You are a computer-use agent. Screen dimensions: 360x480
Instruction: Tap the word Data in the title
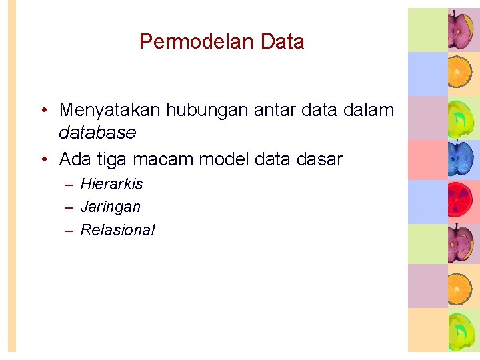[283, 42]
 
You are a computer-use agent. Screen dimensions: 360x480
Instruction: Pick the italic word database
[97, 133]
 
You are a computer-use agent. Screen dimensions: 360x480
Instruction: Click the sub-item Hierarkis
[111, 184]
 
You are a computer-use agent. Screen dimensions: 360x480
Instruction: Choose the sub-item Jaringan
[110, 207]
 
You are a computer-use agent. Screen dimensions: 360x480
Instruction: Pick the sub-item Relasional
[117, 231]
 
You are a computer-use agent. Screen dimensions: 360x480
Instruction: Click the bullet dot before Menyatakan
[43, 110]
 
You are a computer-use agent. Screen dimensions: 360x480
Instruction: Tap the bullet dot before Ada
[43, 160]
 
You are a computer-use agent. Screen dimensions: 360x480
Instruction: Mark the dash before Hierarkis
[69, 184]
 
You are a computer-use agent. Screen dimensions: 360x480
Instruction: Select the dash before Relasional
[69, 231]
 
